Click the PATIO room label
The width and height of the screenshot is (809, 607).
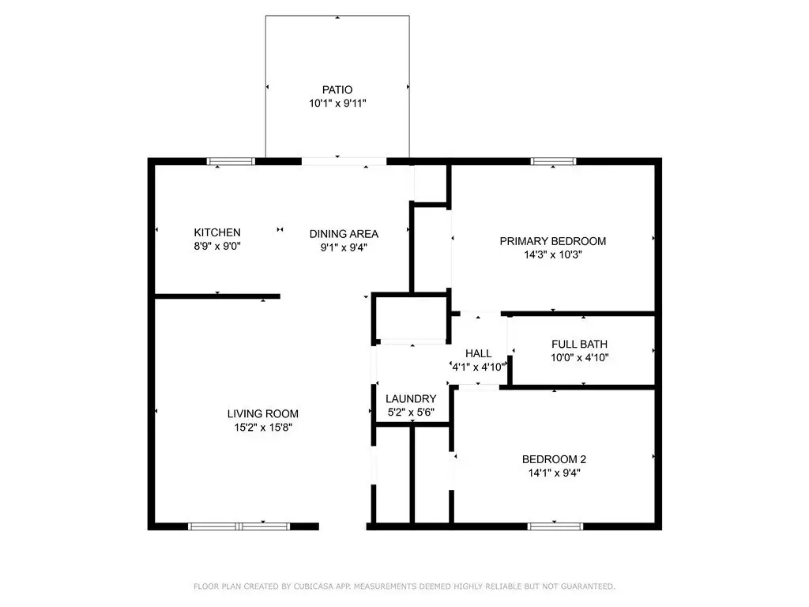pos(337,90)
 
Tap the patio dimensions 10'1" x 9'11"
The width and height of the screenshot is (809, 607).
pos(337,104)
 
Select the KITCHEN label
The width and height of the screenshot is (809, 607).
pos(217,233)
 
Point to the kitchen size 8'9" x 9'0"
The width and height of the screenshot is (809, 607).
pos(217,247)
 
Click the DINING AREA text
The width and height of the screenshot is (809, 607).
pos(344,234)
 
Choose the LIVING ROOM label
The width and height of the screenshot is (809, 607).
pos(262,414)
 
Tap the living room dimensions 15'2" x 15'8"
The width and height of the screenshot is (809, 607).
pos(263,428)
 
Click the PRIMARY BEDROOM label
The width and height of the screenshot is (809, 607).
pos(553,241)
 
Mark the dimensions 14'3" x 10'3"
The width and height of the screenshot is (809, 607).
pos(553,254)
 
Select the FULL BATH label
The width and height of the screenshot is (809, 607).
pos(579,345)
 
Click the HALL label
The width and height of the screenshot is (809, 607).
pos(478,353)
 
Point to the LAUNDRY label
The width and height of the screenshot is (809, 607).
pos(411,399)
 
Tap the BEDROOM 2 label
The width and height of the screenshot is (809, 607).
pos(554,459)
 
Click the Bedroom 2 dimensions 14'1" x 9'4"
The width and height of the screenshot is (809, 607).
pos(554,473)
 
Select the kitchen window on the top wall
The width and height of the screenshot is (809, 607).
pos(231,161)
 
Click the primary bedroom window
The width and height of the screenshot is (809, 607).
pos(553,161)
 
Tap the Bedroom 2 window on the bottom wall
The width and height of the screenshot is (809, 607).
pos(555,526)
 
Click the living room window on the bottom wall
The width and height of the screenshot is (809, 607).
pos(239,526)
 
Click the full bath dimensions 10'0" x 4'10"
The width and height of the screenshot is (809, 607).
pos(580,358)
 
